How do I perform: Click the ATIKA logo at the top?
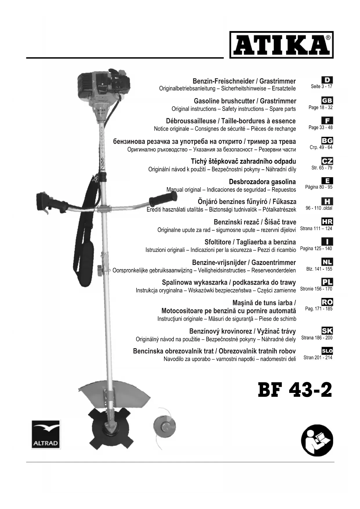(281, 45)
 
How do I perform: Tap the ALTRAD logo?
(46, 434)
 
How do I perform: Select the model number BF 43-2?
(295, 390)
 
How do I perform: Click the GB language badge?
(327, 100)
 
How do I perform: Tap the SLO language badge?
(327, 351)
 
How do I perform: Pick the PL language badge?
(327, 282)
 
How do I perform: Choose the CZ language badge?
(327, 161)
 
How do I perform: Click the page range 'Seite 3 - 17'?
(321, 86)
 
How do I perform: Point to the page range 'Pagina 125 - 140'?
(316, 248)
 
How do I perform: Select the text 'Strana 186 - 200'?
(317, 338)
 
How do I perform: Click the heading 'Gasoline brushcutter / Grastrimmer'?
(245, 101)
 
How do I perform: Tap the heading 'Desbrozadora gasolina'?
(262, 182)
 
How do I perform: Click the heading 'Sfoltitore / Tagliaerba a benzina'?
(250, 242)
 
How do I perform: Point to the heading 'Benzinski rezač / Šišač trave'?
(255, 222)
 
